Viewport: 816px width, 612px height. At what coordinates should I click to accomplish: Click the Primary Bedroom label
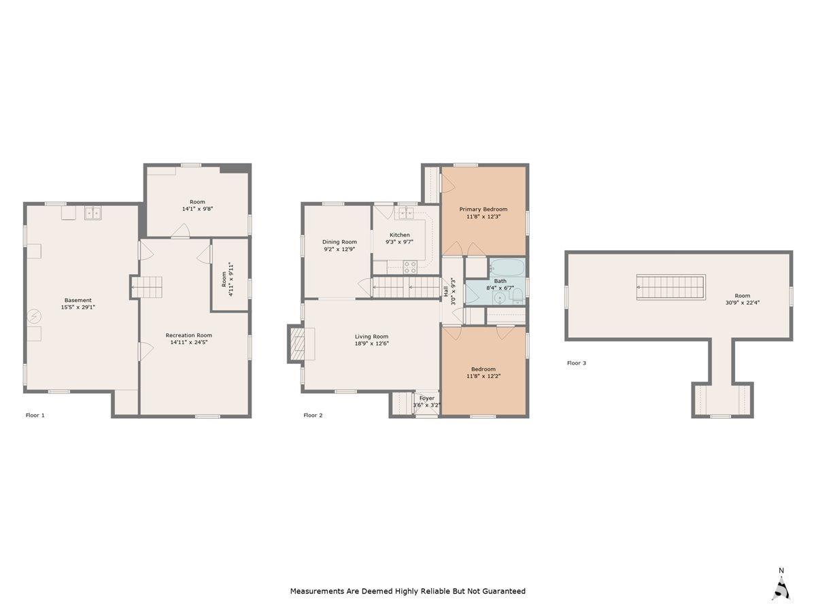coord(483,209)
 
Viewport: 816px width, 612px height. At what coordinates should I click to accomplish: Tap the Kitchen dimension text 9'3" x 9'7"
coord(399,241)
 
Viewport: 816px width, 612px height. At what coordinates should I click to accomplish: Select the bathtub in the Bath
coord(507,267)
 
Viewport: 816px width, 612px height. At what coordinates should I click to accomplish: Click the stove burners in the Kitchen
coord(410,267)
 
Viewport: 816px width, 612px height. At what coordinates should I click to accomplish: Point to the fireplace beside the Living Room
coord(298,343)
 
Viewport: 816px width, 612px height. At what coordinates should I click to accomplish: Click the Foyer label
coord(426,398)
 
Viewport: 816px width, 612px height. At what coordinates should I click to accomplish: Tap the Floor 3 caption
coord(576,363)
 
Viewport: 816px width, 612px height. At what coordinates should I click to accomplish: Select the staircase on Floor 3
coord(670,287)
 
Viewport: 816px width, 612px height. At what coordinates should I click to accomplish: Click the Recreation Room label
coord(189,335)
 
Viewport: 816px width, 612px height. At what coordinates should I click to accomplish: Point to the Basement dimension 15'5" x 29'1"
coord(78,307)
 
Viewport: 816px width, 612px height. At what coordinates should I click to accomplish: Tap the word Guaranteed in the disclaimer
coord(504,592)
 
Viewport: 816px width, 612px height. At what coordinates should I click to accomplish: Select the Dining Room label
coord(339,241)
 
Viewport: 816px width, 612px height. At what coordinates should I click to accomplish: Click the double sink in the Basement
coord(92,213)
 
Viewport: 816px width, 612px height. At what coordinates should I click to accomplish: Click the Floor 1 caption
coord(35,415)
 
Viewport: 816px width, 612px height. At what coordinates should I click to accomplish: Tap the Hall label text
coord(446,292)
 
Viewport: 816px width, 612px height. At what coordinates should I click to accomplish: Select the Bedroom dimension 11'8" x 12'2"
coord(483,375)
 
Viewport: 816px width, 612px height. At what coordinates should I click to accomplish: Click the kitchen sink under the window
coord(407,214)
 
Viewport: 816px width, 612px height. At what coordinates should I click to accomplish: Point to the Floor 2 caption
coord(313,415)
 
